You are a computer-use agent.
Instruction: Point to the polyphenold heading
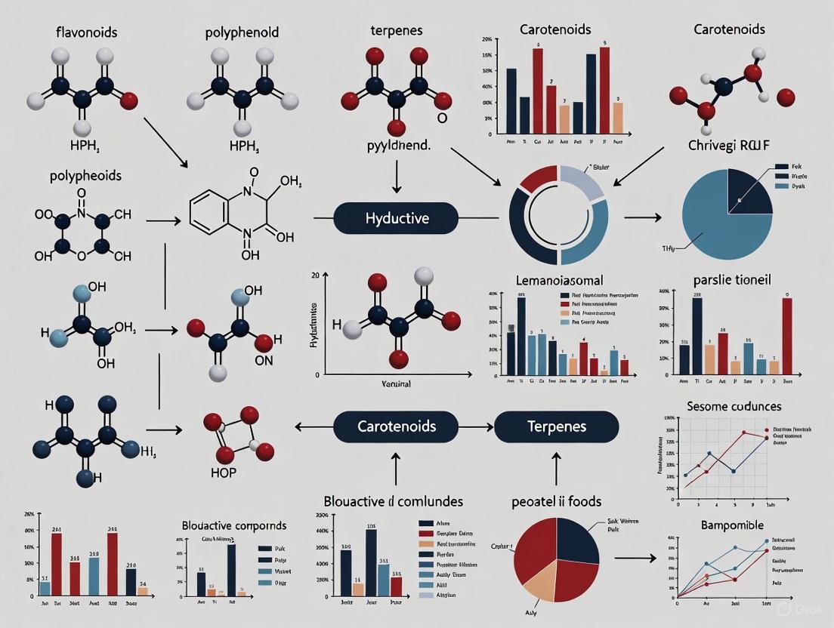click(x=242, y=33)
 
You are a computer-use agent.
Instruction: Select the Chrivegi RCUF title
click(x=728, y=145)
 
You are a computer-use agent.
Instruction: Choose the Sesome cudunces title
click(x=734, y=406)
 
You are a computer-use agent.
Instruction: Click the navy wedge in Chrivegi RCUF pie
click(x=748, y=192)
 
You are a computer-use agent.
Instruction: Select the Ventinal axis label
click(x=396, y=384)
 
